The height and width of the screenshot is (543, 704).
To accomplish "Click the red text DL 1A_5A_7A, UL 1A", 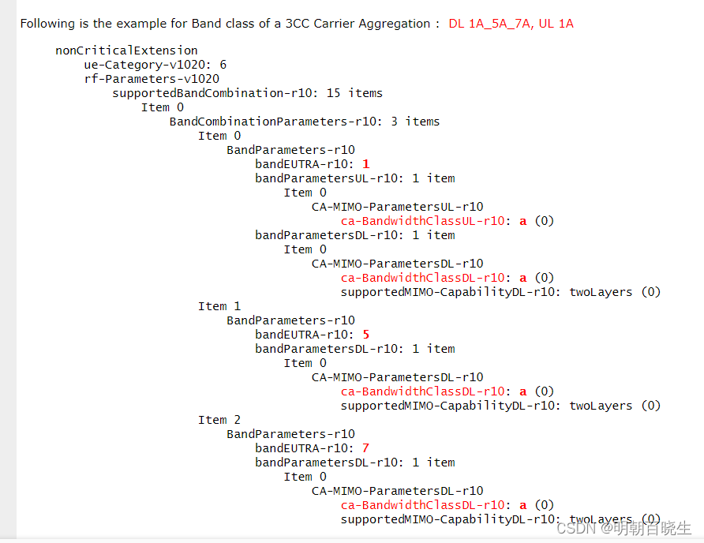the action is [x=511, y=24].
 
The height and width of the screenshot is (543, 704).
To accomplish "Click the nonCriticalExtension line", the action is [x=126, y=51].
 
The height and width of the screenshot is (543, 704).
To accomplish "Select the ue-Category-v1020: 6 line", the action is [x=155, y=65].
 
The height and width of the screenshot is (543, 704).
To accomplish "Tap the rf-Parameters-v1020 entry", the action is [x=152, y=79].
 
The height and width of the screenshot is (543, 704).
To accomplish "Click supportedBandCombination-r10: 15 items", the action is [x=247, y=93].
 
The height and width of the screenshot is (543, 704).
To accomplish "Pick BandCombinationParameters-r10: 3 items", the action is [x=305, y=122].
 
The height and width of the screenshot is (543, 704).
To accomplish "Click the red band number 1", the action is [x=365, y=164].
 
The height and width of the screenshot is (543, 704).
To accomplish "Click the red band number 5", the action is [x=365, y=335].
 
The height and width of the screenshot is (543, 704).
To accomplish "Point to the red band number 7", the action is [x=365, y=448].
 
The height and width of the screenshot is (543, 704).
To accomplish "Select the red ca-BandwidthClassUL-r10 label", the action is [x=422, y=221].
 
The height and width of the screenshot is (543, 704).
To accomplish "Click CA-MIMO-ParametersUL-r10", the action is [x=397, y=207].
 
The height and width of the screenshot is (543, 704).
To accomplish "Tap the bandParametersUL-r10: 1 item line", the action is [x=354, y=178].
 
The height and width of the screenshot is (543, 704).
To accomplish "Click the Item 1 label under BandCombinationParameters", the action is [x=219, y=306].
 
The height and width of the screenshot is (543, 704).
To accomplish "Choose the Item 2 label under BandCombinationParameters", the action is [x=219, y=420].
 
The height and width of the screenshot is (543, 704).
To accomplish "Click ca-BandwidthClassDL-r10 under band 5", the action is [x=422, y=391].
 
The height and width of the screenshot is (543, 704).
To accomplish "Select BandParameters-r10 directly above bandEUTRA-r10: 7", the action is [x=290, y=434].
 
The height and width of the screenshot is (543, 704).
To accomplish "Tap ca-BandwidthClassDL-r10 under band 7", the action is [x=422, y=505].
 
